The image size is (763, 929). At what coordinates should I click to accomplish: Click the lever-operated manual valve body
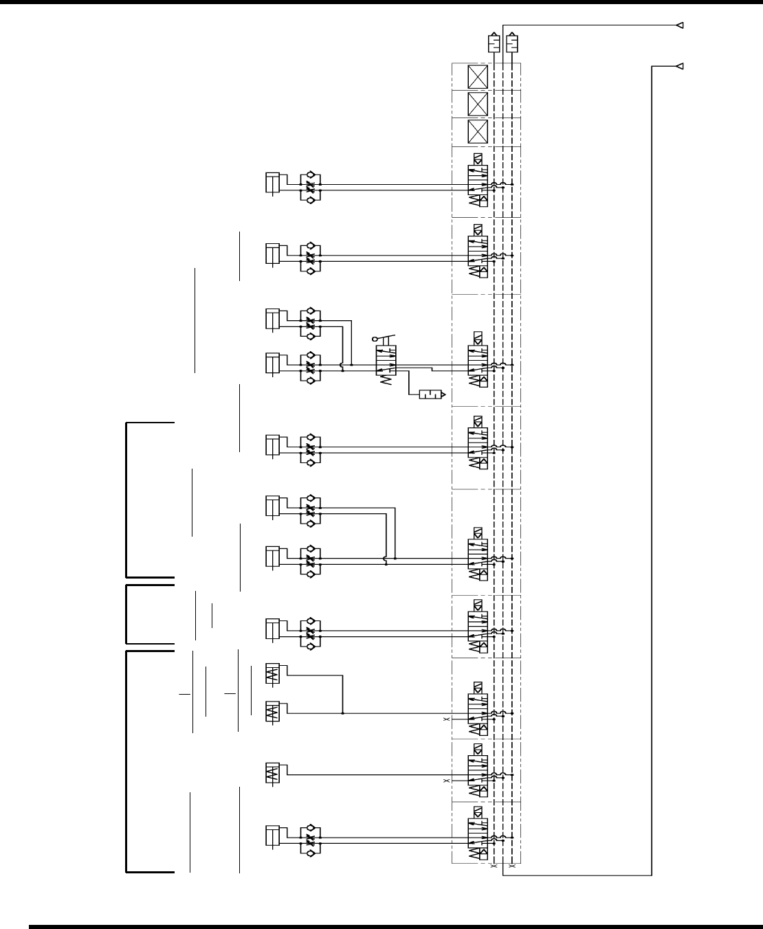tap(386, 361)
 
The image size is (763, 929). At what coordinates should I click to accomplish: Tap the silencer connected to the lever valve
tap(432, 394)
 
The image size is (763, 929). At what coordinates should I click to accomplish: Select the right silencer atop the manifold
tap(512, 43)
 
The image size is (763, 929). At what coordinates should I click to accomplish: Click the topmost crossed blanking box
tap(477, 76)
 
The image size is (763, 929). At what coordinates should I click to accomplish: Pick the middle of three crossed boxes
tap(477, 104)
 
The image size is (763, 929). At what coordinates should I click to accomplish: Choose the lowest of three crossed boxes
tap(477, 131)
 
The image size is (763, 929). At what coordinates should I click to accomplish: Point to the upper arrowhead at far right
tap(678, 26)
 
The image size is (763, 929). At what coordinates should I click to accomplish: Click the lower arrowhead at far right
tap(678, 66)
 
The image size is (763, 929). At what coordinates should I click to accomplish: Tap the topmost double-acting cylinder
tap(272, 183)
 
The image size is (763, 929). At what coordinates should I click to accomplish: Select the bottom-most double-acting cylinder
tap(272, 836)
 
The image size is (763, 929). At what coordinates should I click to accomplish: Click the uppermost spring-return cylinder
tap(273, 674)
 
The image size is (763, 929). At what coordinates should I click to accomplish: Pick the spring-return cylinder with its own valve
tap(273, 774)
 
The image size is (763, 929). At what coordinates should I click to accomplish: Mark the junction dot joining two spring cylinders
tap(342, 713)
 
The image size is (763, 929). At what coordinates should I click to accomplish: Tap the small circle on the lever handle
tap(375, 339)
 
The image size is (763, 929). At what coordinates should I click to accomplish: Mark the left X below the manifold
tap(494, 867)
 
